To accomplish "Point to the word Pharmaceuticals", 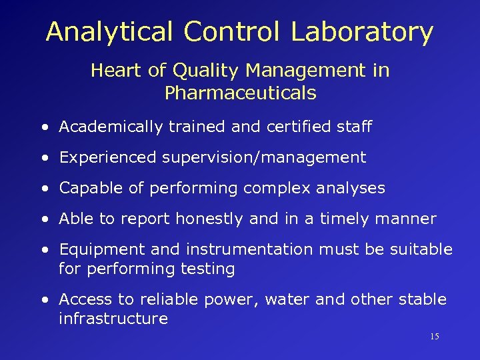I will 240,93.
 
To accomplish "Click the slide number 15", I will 434,337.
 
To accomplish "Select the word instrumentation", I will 249,249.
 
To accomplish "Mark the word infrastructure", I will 113,319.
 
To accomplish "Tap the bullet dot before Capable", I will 44,189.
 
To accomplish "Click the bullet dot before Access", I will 44,300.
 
